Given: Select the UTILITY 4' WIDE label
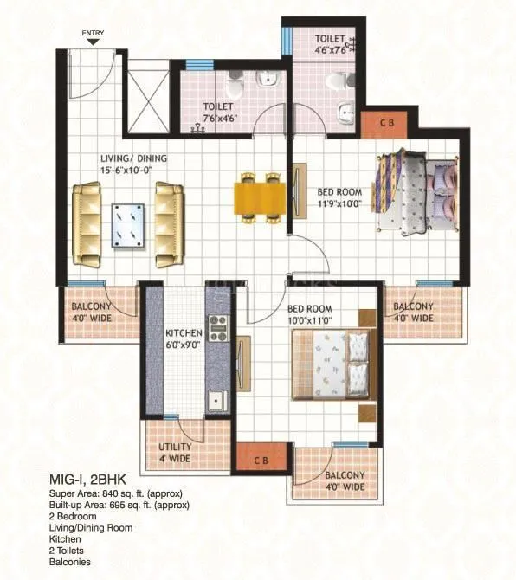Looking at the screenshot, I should pyautogui.click(x=174, y=453).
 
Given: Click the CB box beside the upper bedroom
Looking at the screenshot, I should pyautogui.click(x=387, y=124).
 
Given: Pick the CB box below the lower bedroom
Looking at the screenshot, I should pyautogui.click(x=261, y=460).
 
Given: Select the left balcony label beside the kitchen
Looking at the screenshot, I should pyautogui.click(x=96, y=312).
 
